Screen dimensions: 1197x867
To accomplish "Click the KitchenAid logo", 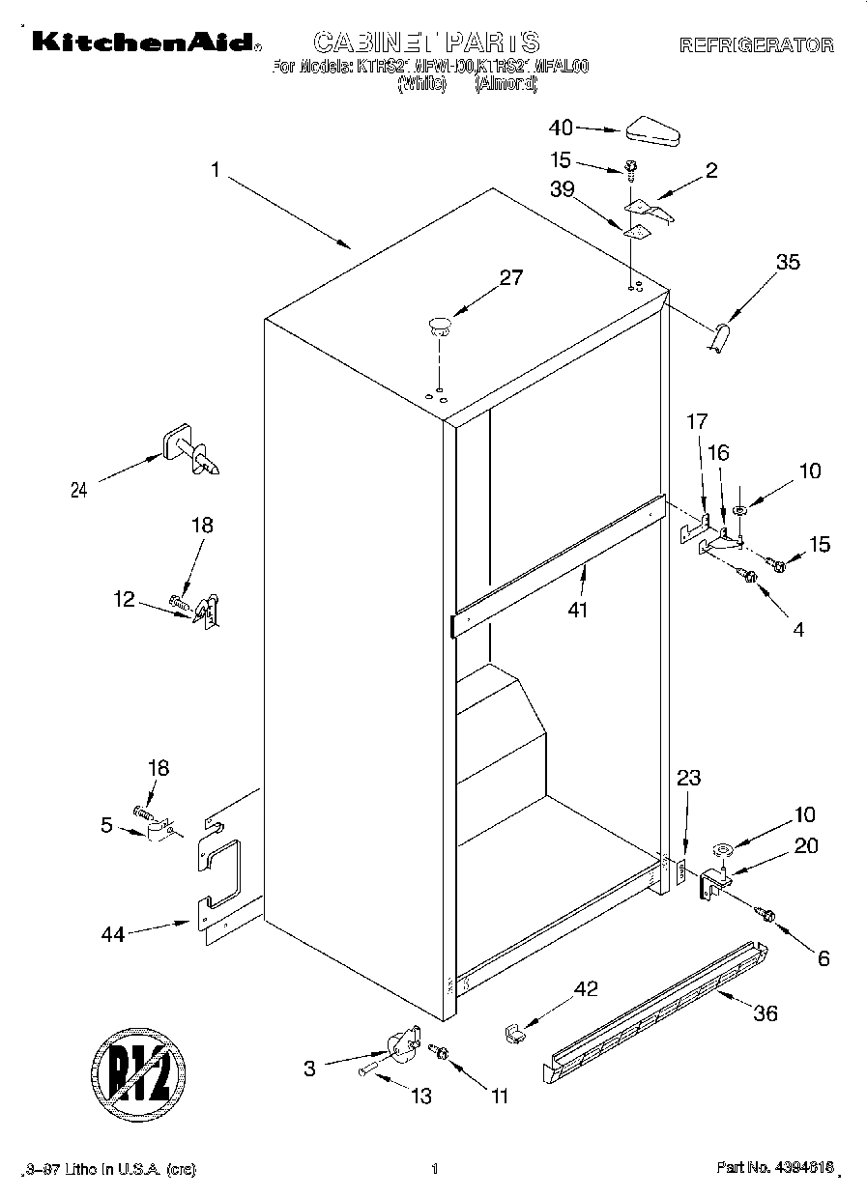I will (x=143, y=42).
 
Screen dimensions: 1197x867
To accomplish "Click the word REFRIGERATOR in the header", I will (x=756, y=44).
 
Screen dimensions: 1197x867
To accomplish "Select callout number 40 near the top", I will (x=561, y=128).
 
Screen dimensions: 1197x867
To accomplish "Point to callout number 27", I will (x=510, y=278).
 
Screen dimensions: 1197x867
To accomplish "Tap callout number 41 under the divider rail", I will (x=578, y=610).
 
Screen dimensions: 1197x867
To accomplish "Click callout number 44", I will (x=113, y=934).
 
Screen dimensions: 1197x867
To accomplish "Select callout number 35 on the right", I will (x=788, y=262).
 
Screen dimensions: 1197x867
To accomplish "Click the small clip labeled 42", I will (x=514, y=1034).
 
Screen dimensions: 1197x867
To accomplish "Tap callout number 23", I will (x=689, y=778).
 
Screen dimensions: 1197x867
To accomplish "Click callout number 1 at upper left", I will (x=215, y=169).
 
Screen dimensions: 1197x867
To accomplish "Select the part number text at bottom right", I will (x=775, y=1169).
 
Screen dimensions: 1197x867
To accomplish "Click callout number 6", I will (x=823, y=958).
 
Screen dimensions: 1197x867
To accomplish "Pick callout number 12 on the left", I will (x=125, y=599).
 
